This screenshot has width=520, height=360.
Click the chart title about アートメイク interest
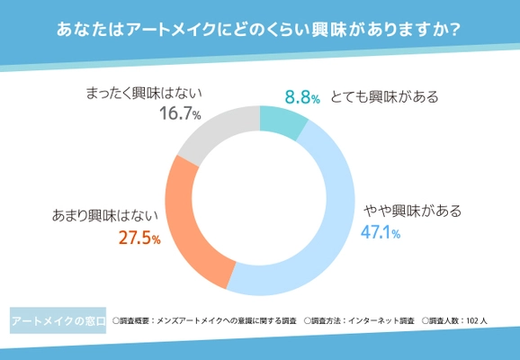(259, 30)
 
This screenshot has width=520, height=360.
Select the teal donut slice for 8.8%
(281, 122)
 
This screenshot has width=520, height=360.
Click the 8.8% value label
(302, 97)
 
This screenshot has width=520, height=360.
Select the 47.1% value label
(381, 232)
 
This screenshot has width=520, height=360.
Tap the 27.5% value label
(139, 238)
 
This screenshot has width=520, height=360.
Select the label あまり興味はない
(106, 216)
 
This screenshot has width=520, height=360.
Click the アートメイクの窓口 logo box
(58, 320)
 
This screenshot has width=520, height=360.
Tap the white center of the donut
(260, 199)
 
